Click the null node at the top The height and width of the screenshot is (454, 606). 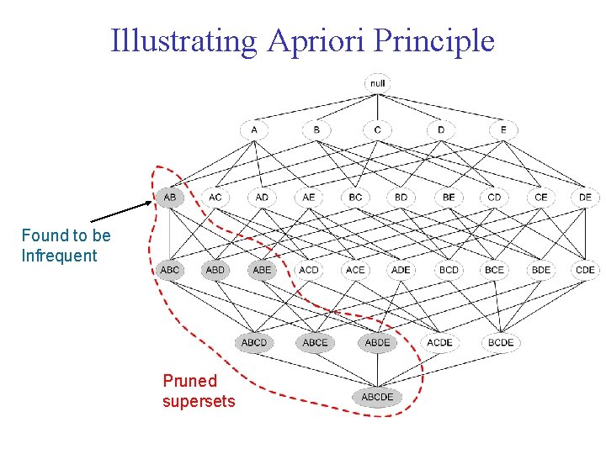pos(377,83)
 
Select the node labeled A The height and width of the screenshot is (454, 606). pos(253,130)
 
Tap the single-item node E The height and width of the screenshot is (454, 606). pos(503,130)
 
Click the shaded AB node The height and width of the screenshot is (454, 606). pos(169,197)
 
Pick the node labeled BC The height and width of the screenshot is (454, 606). pos(355,197)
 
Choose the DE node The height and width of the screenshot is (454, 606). pos(584,197)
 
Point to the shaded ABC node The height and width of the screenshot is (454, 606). pos(169,270)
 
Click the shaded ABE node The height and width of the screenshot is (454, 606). pos(262,270)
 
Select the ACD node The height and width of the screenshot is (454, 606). pos(309,270)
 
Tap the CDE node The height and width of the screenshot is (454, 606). pos(584,270)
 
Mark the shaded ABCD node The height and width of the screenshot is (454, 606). pos(253,342)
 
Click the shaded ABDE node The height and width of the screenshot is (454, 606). pos(377,342)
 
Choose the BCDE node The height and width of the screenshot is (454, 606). pos(501,342)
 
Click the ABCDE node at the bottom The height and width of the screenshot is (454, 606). pos(377,396)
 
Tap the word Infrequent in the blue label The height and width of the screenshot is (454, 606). pos(59,256)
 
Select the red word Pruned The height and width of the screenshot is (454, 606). pos(189,381)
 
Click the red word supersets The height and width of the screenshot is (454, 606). pos(199,401)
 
